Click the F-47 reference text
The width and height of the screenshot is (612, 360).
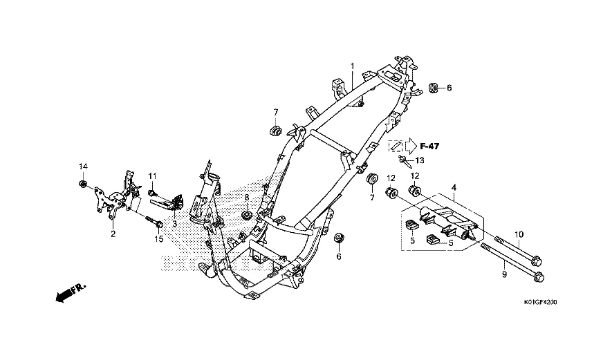tap(429, 146)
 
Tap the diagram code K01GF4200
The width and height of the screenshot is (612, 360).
tap(540, 302)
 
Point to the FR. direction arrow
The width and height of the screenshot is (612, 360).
tap(71, 292)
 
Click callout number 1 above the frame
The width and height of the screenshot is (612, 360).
tap(352, 66)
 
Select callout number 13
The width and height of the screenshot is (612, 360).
tap(420, 160)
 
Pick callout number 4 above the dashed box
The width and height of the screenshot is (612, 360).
tap(454, 187)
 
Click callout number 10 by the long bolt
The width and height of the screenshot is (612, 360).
tap(519, 234)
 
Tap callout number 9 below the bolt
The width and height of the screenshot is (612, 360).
tap(504, 274)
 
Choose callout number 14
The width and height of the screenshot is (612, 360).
tap(83, 167)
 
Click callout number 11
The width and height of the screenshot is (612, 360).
tap(152, 176)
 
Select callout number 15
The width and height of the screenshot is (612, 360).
tap(159, 238)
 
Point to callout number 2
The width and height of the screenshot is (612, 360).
tap(113, 234)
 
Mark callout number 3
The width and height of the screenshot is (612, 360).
tap(174, 224)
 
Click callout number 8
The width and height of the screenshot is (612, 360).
tap(247, 198)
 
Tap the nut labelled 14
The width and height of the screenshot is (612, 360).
tap(82, 184)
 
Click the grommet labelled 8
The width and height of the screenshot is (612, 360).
tap(247, 214)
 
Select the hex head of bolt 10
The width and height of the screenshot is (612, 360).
tap(536, 259)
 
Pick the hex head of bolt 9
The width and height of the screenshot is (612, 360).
tap(539, 276)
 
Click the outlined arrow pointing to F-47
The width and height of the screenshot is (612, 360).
tap(411, 146)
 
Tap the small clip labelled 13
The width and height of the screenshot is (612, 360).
tap(404, 160)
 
